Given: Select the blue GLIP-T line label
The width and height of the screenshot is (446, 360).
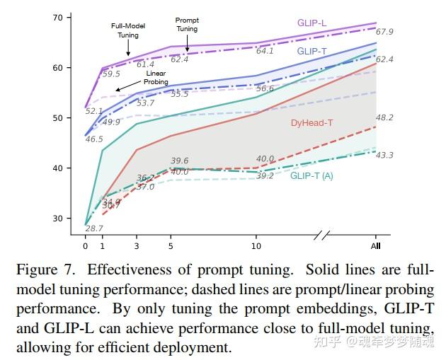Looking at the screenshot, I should pos(312,51).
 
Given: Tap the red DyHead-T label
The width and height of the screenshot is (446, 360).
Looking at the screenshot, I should pos(312,123).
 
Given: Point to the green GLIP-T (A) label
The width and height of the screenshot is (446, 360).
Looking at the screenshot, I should pos(311,176).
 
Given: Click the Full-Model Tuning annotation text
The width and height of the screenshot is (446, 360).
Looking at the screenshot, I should pos(128,31).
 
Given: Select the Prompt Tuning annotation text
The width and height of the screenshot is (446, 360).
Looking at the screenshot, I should pos(187,25).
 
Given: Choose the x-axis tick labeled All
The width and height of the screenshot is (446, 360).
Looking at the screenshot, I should pos(376,246).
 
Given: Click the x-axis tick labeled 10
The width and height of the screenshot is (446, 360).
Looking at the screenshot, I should pos(256,246).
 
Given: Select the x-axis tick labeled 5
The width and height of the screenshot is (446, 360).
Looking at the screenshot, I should pos(171,246).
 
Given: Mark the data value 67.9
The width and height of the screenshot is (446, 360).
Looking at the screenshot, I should pos(385,32).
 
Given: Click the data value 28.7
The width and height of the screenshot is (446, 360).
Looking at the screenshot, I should pos(94,228).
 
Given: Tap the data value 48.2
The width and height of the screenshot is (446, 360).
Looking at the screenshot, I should pos(385,118).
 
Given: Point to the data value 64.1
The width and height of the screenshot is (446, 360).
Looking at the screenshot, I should pos(265,51).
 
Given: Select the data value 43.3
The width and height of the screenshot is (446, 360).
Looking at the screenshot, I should pos(385,156).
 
